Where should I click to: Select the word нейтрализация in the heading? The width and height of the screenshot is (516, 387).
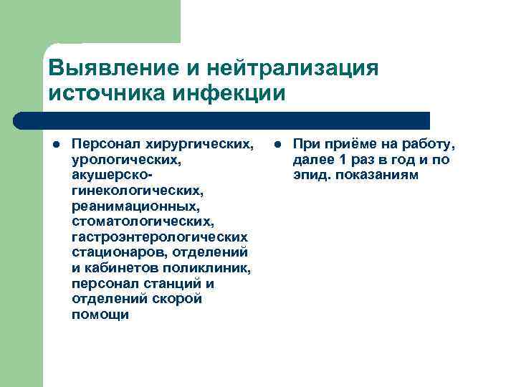pos(292,70)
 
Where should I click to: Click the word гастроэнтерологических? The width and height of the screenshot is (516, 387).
pos(160,236)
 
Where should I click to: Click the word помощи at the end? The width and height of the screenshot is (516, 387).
pos(100,315)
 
